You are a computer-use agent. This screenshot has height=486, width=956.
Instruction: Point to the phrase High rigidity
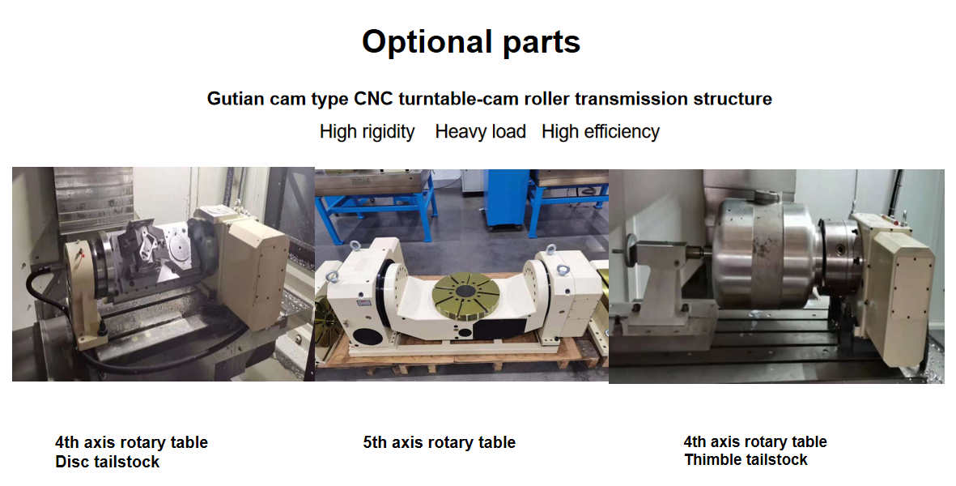367,132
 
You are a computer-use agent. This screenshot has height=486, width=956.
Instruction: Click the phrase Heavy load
481,132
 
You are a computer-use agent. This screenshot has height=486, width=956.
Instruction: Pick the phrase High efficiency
601,132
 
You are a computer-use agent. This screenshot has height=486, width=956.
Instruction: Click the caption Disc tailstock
108,462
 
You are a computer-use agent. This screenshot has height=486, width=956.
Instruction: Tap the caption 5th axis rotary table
439,442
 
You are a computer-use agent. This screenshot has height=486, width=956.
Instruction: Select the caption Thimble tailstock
746,460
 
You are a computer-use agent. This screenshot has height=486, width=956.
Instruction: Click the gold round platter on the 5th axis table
470,292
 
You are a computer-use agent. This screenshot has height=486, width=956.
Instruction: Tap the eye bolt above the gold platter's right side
550,253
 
